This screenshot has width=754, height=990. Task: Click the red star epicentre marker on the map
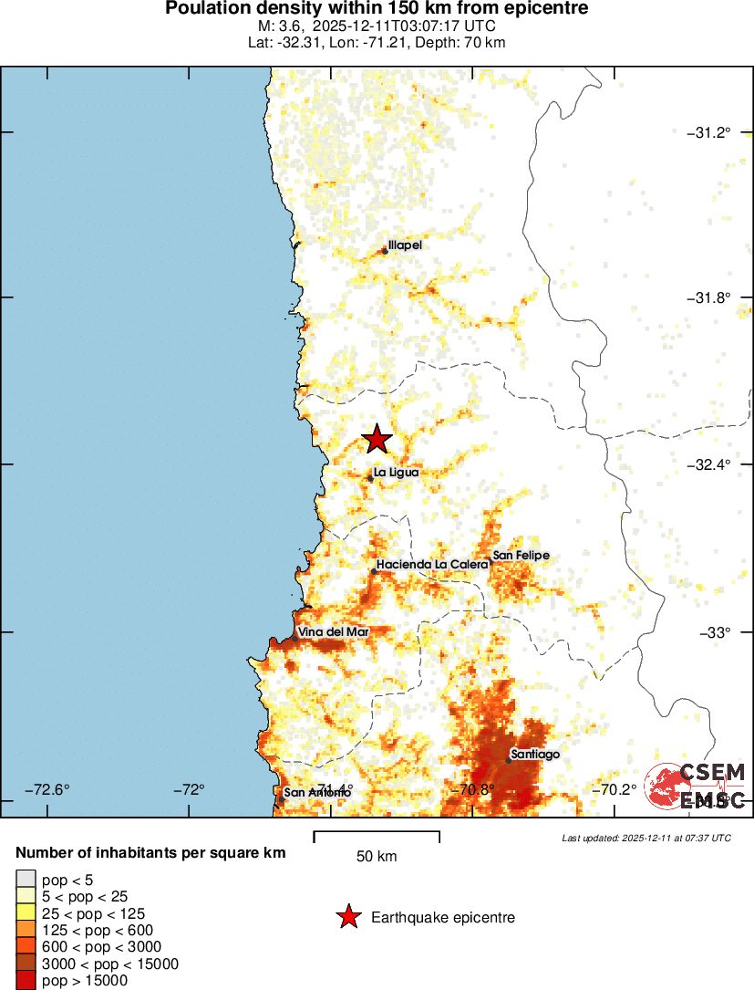coord(377,439)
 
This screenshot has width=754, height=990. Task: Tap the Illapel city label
coord(405,245)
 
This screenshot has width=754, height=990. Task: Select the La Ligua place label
coord(396,472)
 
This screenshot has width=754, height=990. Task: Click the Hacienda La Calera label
coord(426,565)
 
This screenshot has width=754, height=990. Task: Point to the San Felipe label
coord(521,555)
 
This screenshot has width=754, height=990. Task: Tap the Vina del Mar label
coord(333,632)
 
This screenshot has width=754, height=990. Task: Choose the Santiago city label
coord(535,755)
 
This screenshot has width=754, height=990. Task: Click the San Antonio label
coord(316,793)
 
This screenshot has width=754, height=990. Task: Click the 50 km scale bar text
coord(377,857)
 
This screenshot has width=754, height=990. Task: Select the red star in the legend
coord(347,917)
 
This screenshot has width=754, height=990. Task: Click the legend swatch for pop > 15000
coord(26,981)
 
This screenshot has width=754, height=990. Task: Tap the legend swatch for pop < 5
coord(26,880)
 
